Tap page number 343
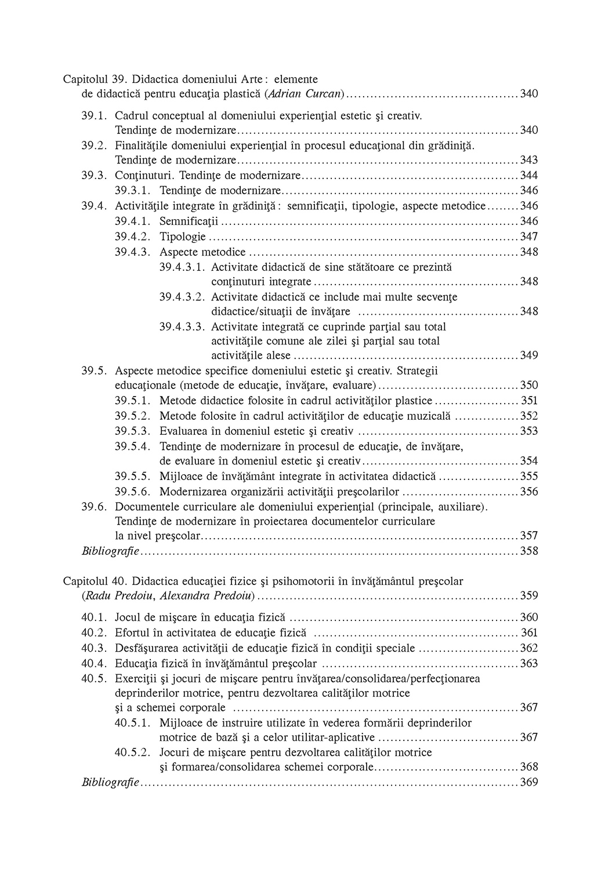pyautogui.click(x=529, y=159)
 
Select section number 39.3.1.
pyautogui.click(x=133, y=190)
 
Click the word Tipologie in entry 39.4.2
pyautogui.click(x=183, y=237)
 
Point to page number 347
pyautogui.click(x=529, y=237)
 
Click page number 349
pyautogui.click(x=529, y=355)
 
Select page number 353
pyautogui.click(x=529, y=431)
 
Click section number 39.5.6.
pyautogui.click(x=133, y=492)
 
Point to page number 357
pyautogui.click(x=529, y=535)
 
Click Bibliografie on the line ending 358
pyautogui.click(x=110, y=551)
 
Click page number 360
pyautogui.click(x=529, y=617)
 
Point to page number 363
pyautogui.click(x=529, y=663)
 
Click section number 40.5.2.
pyautogui.click(x=133, y=753)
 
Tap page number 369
pyautogui.click(x=529, y=783)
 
